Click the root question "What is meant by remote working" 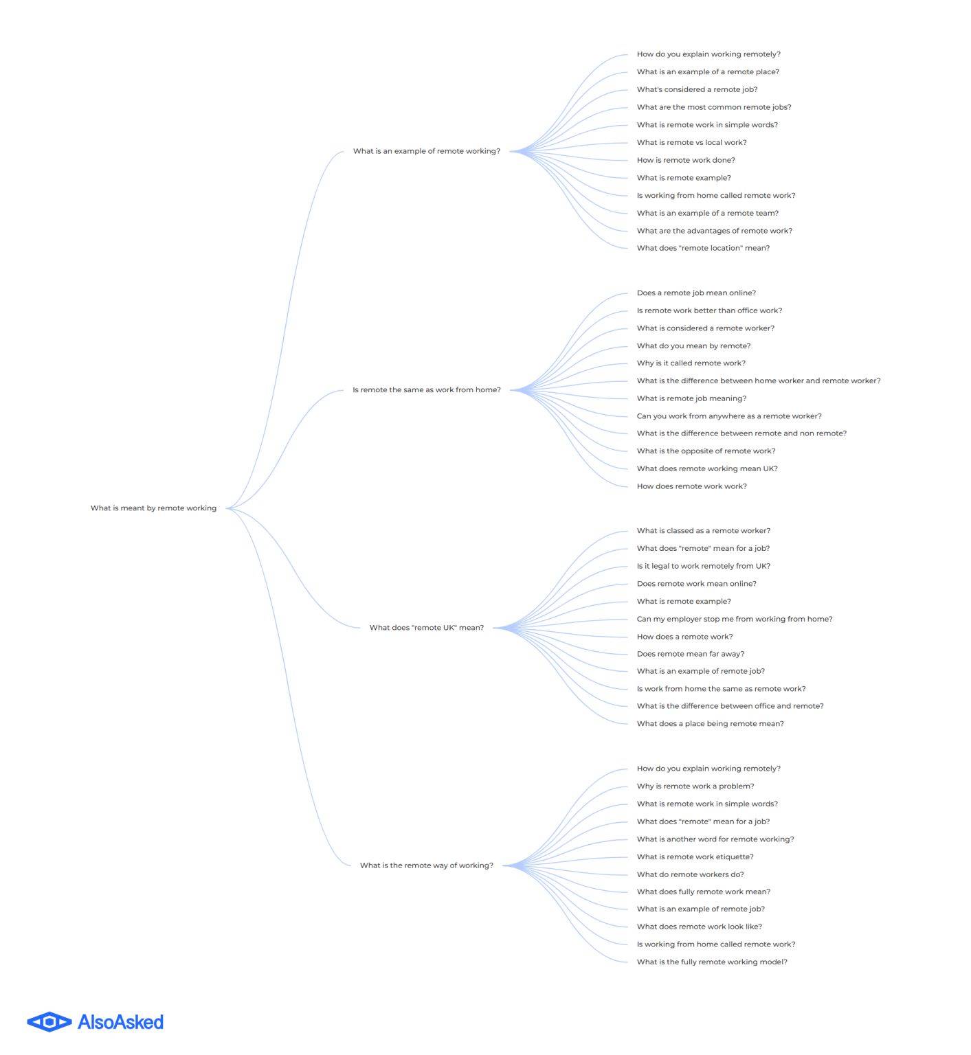click(153, 508)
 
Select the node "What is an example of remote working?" click(427, 151)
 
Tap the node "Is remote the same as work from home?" click(427, 389)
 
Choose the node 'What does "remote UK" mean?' click(427, 627)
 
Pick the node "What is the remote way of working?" click(427, 865)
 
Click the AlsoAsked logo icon click(49, 1022)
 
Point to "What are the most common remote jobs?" click(714, 107)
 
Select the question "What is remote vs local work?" click(691, 142)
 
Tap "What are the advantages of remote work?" click(715, 231)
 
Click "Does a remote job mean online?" click(696, 293)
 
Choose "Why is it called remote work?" click(691, 363)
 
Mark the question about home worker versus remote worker click(759, 381)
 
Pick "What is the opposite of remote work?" click(706, 451)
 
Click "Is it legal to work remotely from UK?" click(704, 566)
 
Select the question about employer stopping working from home click(735, 619)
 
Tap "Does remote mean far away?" click(691, 654)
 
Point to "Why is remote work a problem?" click(695, 786)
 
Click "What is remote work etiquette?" click(695, 857)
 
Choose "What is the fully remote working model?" click(712, 962)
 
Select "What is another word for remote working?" click(715, 839)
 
